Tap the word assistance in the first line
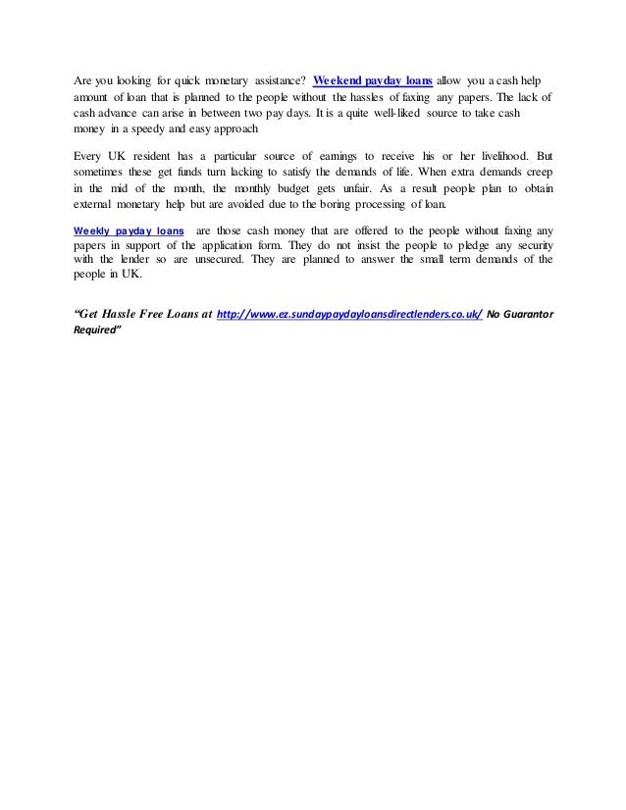click(x=275, y=78)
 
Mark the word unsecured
click(x=211, y=262)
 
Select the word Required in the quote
click(x=98, y=331)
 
